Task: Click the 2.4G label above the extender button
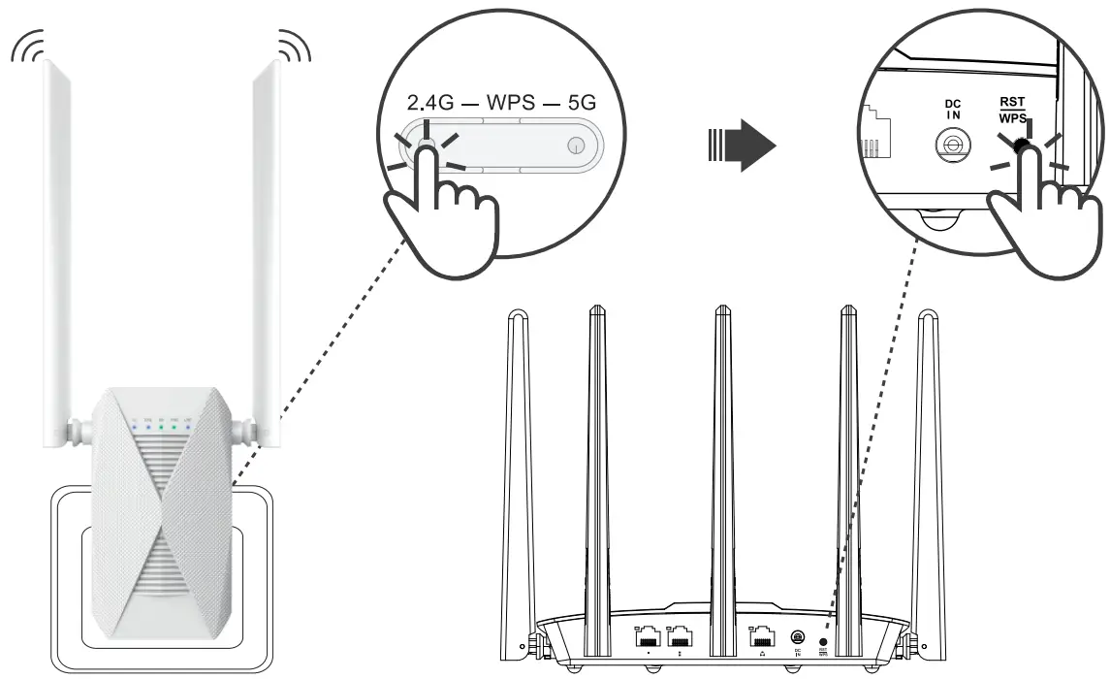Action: click(428, 102)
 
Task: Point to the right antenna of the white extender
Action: click(267, 242)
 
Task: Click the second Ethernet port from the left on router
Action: click(680, 637)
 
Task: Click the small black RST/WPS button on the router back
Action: click(824, 640)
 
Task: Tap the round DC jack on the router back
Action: click(797, 637)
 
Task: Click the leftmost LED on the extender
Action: click(135, 424)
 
